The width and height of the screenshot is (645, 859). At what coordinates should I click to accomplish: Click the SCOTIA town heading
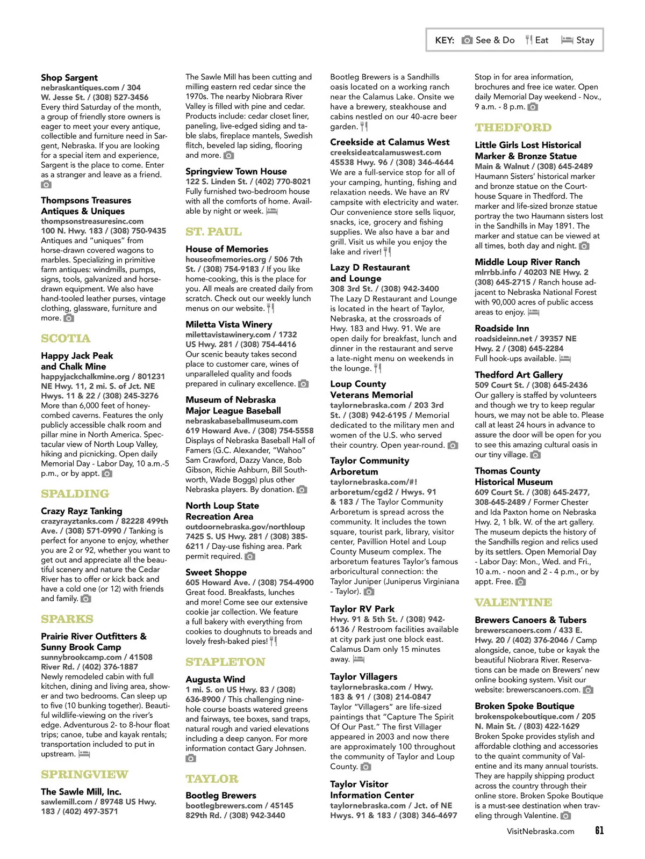[x=66, y=338]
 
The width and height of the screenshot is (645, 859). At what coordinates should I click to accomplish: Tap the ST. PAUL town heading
[x=213, y=232]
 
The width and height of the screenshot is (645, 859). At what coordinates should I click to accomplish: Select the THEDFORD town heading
[x=513, y=128]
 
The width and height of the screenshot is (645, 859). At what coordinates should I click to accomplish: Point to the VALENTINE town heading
[x=513, y=602]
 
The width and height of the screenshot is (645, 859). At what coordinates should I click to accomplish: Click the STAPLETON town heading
[x=225, y=662]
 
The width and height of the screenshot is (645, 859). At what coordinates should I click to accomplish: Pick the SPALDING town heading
[x=75, y=494]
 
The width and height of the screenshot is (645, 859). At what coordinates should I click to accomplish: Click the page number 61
[x=599, y=831]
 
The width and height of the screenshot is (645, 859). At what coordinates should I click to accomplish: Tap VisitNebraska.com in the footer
[x=540, y=831]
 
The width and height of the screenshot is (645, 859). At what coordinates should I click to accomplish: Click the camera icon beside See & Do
[x=467, y=40]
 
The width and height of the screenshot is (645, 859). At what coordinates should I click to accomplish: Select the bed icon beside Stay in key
[x=567, y=40]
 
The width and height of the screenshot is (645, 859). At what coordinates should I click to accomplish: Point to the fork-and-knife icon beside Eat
[x=529, y=40]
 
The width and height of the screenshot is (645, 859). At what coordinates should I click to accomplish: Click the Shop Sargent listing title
[x=69, y=78]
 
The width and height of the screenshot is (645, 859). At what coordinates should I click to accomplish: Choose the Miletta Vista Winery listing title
[x=228, y=324]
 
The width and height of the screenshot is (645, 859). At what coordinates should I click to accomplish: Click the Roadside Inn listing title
[x=501, y=328]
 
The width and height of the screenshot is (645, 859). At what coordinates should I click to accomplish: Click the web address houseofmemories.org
[x=225, y=259]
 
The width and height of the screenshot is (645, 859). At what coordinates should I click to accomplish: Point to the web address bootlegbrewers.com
[x=224, y=805]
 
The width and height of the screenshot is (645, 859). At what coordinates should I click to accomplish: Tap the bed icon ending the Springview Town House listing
[x=271, y=211]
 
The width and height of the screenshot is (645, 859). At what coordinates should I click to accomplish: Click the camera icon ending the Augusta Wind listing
[x=190, y=758]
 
